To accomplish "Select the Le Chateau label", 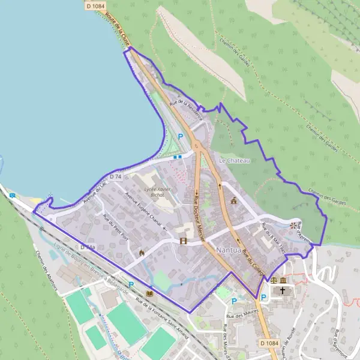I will pyautogui.click(x=234, y=161).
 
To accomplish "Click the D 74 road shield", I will pyautogui.click(x=116, y=177).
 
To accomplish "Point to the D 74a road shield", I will pyautogui.click(x=88, y=247).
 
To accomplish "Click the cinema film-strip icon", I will pyautogui.click(x=182, y=241).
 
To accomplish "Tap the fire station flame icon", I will pyautogui.click(x=142, y=253).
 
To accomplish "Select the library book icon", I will pyautogui.click(x=149, y=294).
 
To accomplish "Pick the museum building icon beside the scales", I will pyautogui.click(x=283, y=280).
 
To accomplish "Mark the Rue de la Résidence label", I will pyautogui.click(x=187, y=110).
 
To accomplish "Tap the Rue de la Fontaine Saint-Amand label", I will pyautogui.click(x=162, y=316).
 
